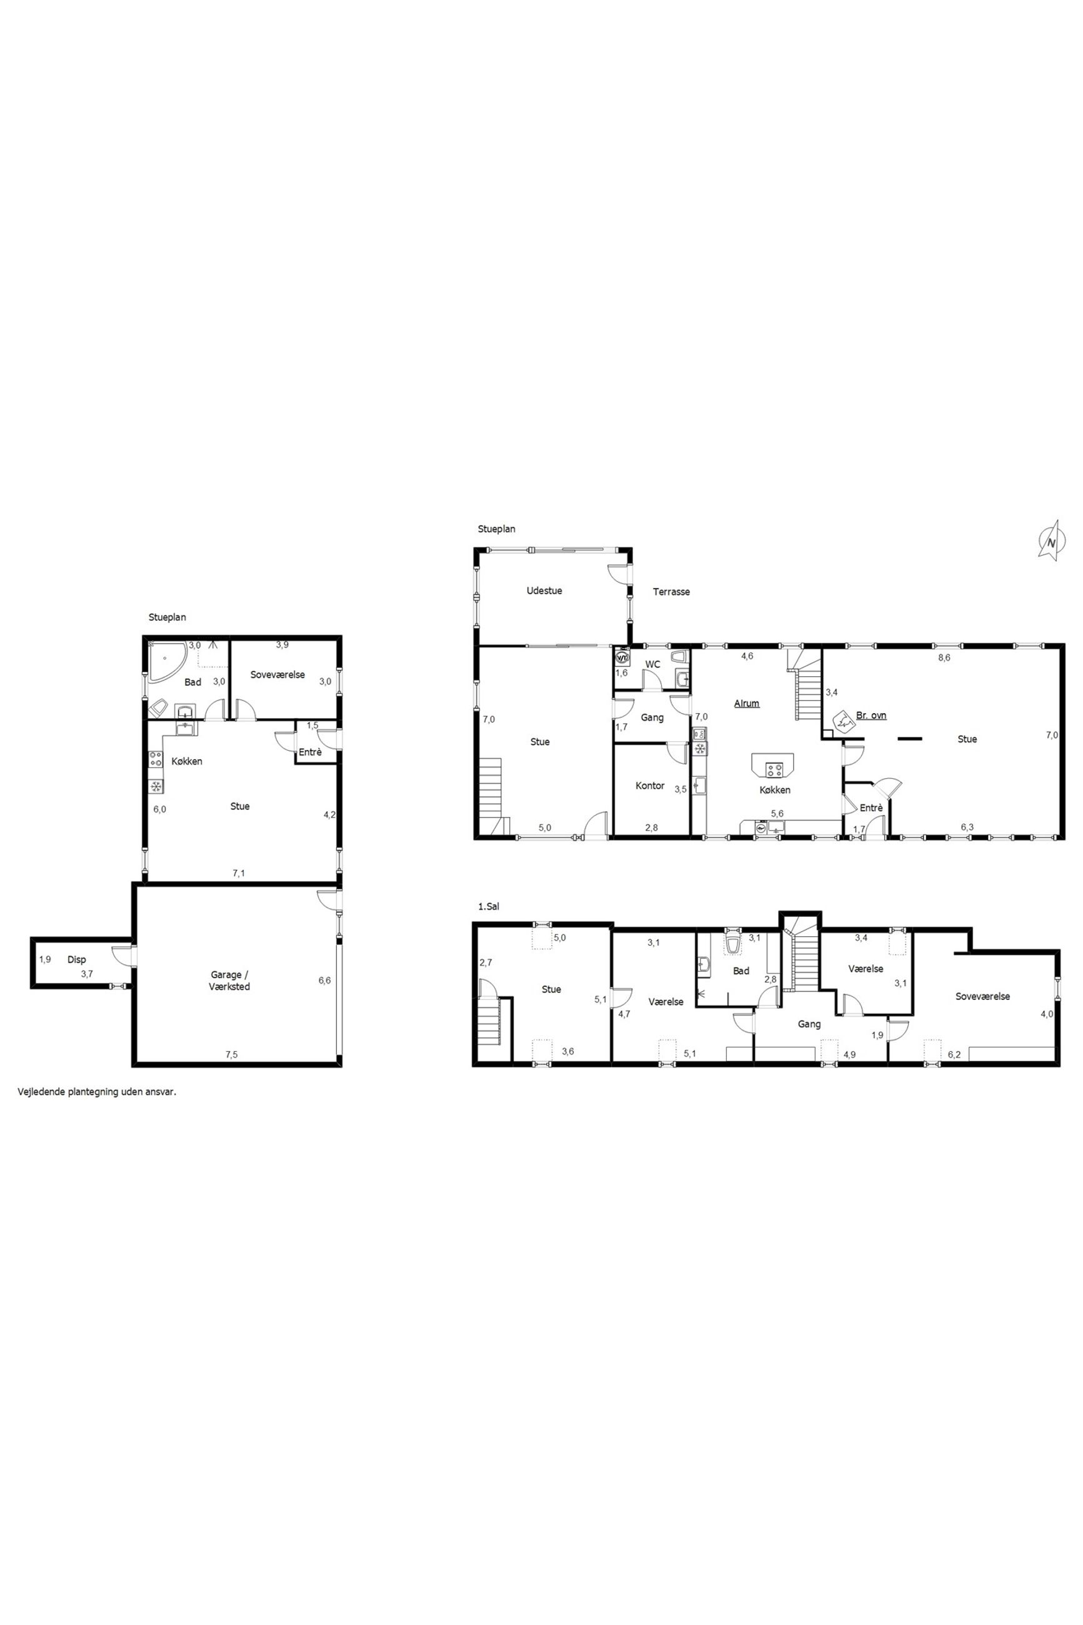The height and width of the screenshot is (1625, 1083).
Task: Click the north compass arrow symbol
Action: coord(1050,539)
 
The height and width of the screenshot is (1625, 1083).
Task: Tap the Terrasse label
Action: coord(671,592)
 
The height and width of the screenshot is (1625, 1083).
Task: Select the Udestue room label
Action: coord(544,591)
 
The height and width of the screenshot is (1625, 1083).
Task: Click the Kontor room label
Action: coord(650,786)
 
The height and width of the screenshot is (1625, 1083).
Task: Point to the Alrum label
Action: coord(747,704)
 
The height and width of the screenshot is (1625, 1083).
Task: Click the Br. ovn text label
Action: coord(871,716)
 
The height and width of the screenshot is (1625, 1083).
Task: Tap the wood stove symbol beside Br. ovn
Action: coord(843,721)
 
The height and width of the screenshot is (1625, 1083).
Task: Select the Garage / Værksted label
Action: coord(231,981)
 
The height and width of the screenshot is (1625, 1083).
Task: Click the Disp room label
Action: coord(77,960)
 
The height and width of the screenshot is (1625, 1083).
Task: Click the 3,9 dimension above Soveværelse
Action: coord(282,645)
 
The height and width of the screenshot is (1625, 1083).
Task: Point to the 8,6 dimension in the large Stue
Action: coord(944,658)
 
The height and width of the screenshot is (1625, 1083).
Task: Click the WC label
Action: coord(652,664)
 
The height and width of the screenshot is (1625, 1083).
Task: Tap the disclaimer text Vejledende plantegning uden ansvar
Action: coord(97,1093)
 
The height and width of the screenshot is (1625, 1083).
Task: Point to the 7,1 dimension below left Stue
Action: coord(239,874)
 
